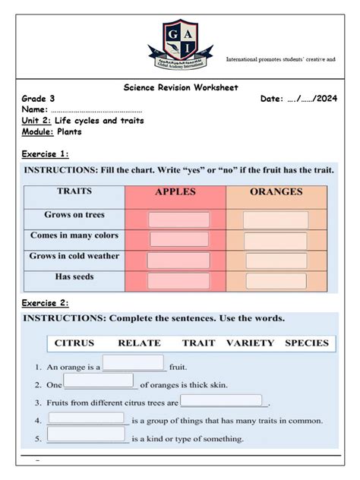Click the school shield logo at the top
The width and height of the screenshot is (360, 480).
click(180, 42)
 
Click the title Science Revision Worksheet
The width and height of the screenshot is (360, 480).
click(181, 87)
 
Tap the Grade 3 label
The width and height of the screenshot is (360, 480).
click(38, 99)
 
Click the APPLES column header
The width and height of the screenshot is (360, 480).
click(175, 192)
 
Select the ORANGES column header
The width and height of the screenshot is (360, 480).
click(276, 192)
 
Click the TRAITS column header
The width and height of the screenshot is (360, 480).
click(74, 192)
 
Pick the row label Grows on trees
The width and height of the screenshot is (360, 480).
click(74, 215)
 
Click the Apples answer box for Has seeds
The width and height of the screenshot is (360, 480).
click(178, 280)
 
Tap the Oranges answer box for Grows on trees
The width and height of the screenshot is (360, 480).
click(276, 220)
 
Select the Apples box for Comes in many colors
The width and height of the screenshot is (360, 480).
click(178, 239)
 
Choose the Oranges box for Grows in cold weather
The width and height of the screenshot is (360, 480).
click(276, 260)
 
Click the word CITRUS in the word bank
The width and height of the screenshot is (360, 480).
click(74, 343)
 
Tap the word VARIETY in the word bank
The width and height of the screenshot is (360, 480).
click(250, 343)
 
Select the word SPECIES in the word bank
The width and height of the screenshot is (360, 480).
click(307, 343)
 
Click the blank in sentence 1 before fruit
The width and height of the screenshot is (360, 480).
click(133, 362)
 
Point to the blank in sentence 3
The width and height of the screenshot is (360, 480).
click(222, 400)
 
